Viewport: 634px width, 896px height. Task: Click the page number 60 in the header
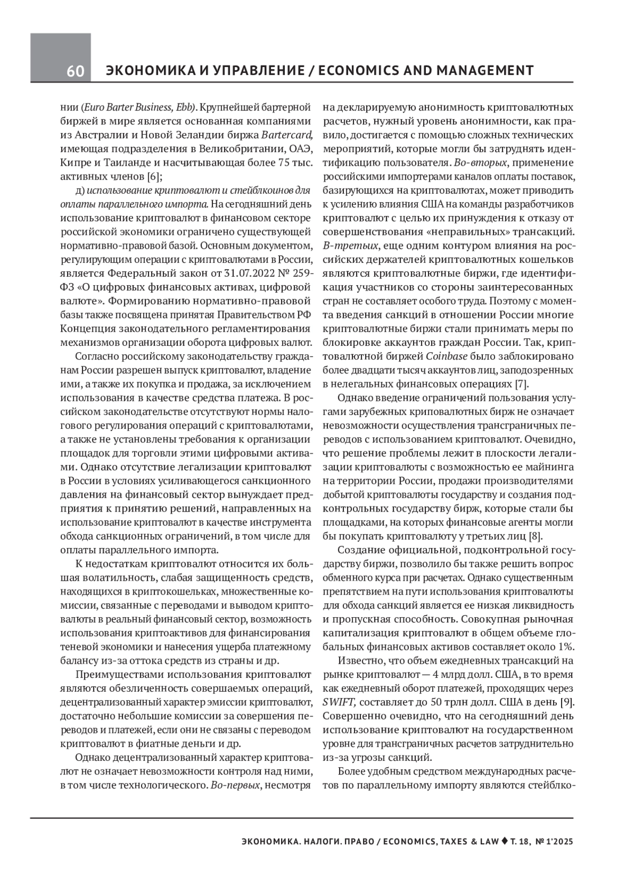pyautogui.click(x=75, y=71)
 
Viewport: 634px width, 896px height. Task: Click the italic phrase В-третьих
pyautogui.click(x=349, y=246)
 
